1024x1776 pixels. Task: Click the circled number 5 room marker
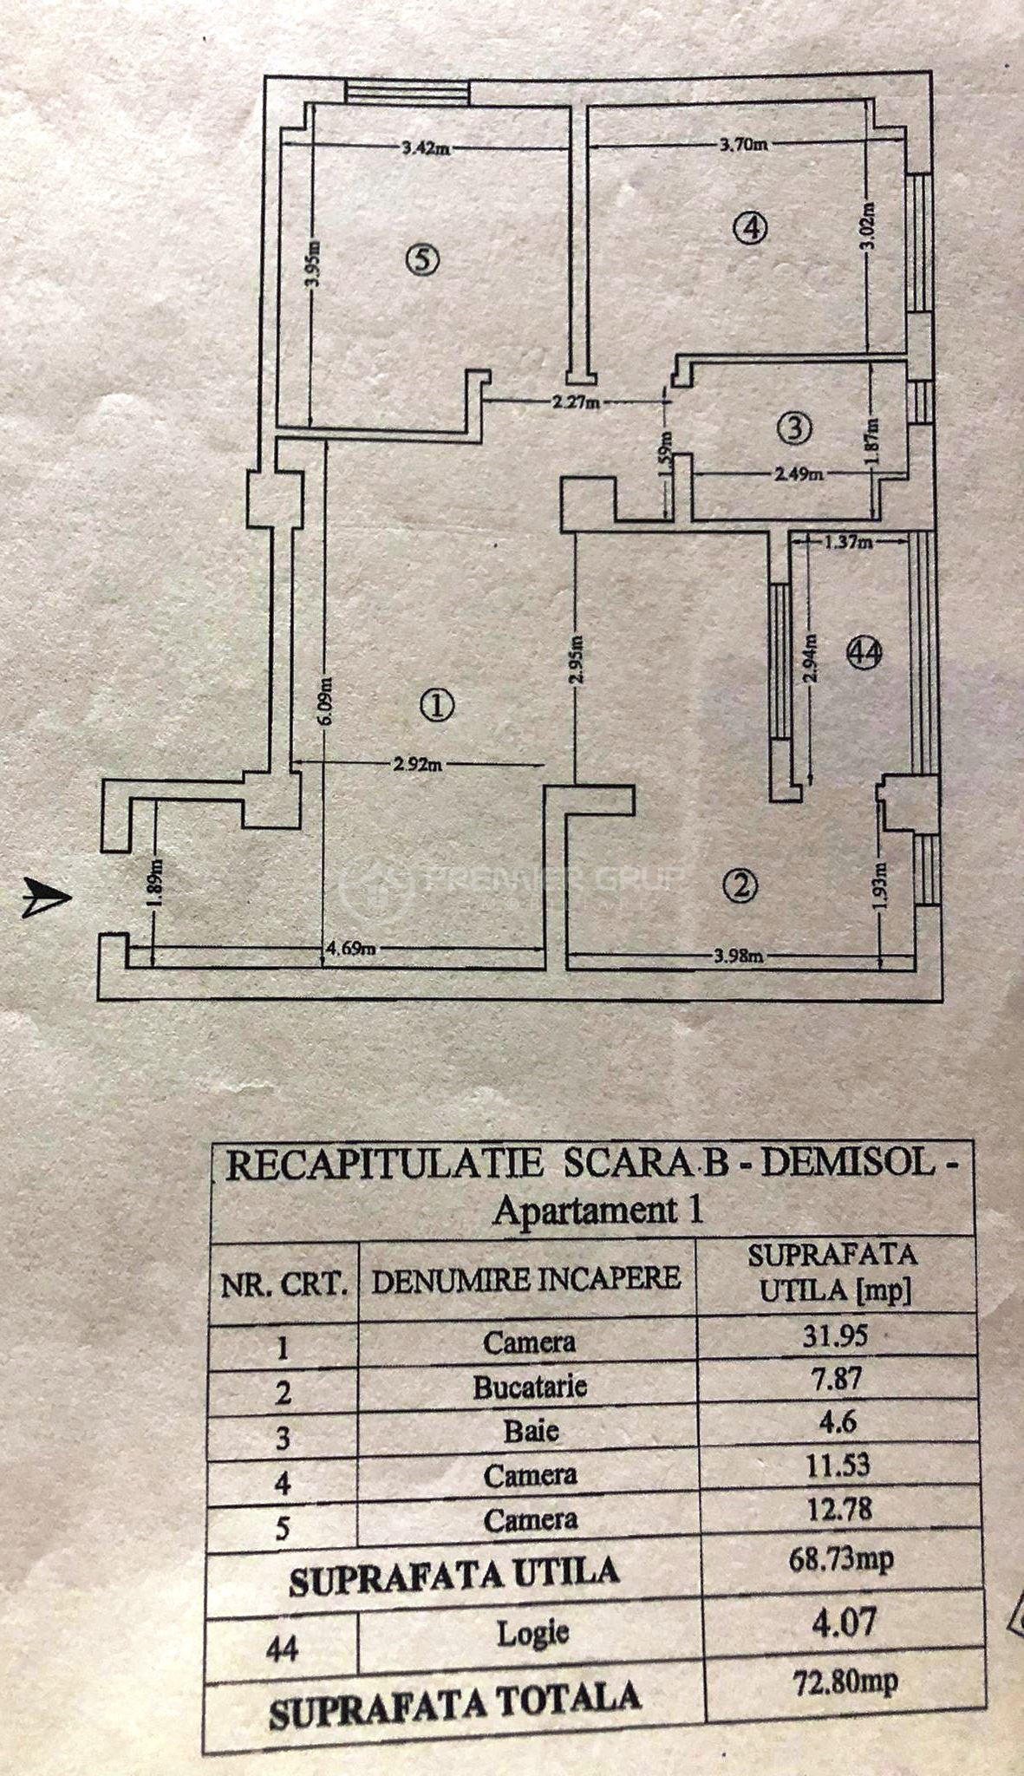[x=423, y=259]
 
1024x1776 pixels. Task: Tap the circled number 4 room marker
[x=751, y=228]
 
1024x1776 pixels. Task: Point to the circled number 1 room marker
[x=438, y=704]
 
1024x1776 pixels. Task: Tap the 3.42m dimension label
[x=425, y=147]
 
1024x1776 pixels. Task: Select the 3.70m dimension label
[x=744, y=144]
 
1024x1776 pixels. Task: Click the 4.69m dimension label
[x=350, y=949]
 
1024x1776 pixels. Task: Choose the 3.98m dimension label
[x=738, y=956]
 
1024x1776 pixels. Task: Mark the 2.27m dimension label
[x=576, y=402]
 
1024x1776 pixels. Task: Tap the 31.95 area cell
[x=834, y=1335]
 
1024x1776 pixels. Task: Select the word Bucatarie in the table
[x=530, y=1387]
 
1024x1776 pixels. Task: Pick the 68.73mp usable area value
[x=841, y=1560]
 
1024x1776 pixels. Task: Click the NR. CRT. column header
[x=284, y=1284]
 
